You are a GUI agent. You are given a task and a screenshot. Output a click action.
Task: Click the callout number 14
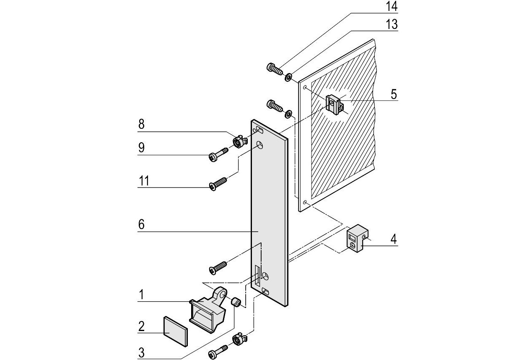click(392, 7)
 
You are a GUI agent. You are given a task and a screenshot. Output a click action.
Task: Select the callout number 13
click(392, 25)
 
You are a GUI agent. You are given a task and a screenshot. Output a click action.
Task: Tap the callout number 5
click(394, 94)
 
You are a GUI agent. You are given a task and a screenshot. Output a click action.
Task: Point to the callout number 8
click(141, 125)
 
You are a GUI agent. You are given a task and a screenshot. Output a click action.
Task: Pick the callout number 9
click(141, 148)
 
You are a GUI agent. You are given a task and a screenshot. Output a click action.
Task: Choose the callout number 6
click(141, 224)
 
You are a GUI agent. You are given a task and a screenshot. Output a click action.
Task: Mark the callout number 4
click(393, 240)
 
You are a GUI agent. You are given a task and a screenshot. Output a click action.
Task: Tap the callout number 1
click(141, 295)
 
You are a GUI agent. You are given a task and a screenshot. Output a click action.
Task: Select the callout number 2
click(141, 326)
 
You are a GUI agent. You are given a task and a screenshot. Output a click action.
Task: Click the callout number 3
click(141, 353)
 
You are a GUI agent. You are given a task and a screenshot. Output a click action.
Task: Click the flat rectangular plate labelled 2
click(175, 332)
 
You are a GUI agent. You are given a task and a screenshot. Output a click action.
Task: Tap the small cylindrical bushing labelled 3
click(236, 302)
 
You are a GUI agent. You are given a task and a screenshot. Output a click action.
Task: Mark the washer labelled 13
click(289, 77)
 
